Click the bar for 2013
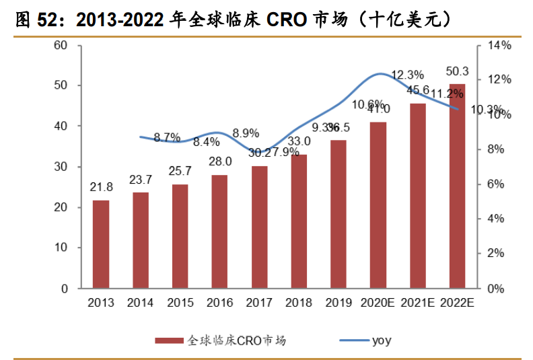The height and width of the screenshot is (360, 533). [x=101, y=244]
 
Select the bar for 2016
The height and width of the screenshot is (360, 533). [x=220, y=231]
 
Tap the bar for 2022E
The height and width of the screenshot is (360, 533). [x=458, y=186]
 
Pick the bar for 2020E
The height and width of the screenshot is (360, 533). [x=378, y=205]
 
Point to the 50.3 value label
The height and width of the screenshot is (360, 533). [x=458, y=71]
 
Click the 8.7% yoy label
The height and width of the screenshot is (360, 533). [x=167, y=137]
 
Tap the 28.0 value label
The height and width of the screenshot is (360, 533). [x=220, y=161]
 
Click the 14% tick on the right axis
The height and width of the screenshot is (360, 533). [x=500, y=45]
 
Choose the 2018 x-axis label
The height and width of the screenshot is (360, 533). [x=299, y=303]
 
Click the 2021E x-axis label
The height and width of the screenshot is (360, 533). [x=418, y=303]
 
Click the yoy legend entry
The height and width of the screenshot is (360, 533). [x=380, y=340]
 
